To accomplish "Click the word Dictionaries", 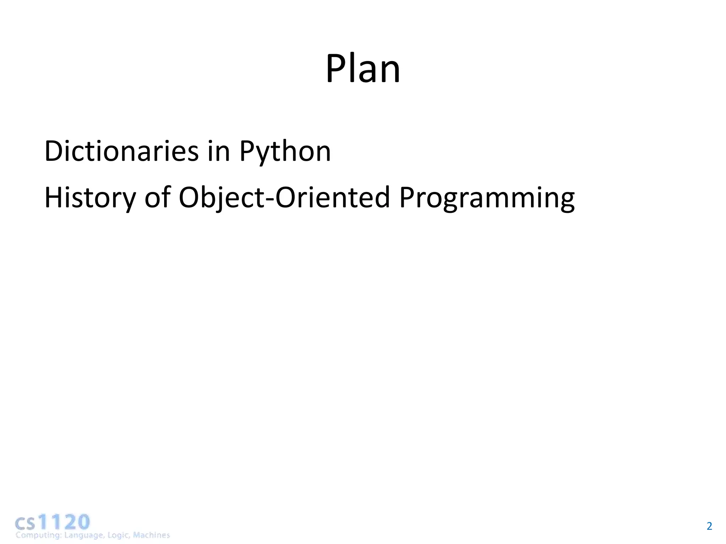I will click(x=122, y=151).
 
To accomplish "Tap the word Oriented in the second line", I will click(x=333, y=197).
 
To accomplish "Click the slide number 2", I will click(x=709, y=526).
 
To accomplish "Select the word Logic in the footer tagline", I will click(x=118, y=535).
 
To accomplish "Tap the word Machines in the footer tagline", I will click(x=151, y=535).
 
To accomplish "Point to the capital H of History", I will click(x=54, y=197).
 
